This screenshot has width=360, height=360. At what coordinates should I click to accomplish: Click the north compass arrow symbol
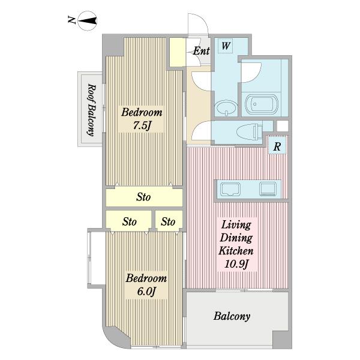88,21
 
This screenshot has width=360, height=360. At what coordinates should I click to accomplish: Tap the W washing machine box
225,46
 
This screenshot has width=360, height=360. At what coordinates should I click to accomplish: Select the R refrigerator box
277,146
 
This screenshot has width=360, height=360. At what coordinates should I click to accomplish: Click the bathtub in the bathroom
262,104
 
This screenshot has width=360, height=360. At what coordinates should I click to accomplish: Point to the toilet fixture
249,132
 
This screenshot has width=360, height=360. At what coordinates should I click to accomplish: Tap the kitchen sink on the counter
230,190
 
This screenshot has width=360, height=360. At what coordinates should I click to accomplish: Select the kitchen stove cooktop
268,189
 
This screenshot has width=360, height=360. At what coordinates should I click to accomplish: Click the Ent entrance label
201,51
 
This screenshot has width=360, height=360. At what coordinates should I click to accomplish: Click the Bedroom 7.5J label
142,119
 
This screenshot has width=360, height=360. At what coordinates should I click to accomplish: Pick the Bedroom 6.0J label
146,284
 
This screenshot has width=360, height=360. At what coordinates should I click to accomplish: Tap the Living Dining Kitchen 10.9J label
236,244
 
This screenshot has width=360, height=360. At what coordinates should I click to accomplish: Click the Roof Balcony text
91,110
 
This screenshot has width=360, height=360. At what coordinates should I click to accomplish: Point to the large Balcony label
232,316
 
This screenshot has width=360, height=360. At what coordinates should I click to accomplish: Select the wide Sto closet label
143,197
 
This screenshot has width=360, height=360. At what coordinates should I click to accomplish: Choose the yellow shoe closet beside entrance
178,52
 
